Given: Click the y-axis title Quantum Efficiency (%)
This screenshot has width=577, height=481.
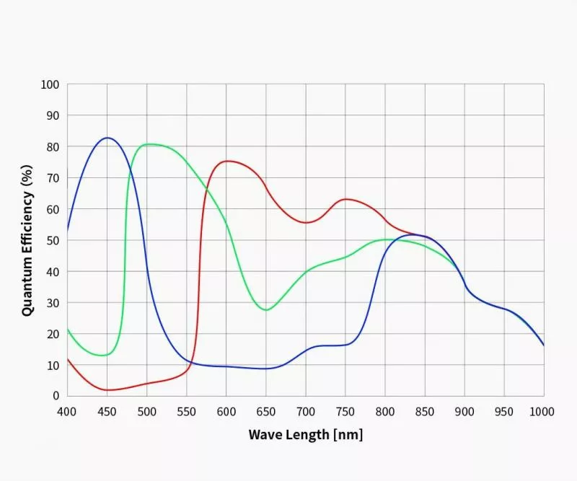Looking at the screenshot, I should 27,239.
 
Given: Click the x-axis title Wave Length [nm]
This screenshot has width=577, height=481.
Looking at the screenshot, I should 305,434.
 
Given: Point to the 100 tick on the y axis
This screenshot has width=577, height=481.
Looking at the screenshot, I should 50,84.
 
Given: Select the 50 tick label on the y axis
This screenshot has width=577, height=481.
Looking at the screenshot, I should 52,240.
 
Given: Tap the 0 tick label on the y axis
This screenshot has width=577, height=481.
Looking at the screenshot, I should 55,396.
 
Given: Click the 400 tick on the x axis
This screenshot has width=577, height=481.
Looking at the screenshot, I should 67,411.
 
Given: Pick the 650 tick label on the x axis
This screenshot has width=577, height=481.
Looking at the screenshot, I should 265,411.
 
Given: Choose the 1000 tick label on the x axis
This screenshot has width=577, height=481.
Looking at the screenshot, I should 542,411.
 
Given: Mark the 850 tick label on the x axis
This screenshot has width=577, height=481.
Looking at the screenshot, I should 424,411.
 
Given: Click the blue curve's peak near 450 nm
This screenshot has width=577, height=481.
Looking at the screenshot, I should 107,138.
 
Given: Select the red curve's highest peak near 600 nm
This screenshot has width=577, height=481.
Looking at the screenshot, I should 228,161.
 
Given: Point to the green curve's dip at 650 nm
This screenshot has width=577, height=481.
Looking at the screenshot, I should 266,310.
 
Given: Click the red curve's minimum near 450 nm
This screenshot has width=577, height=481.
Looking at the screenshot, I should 108,390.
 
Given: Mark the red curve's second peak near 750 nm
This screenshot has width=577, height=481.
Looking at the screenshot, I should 346,199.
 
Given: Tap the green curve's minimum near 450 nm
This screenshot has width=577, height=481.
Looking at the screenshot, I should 104,356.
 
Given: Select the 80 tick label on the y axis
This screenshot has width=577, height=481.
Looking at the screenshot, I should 52,146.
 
